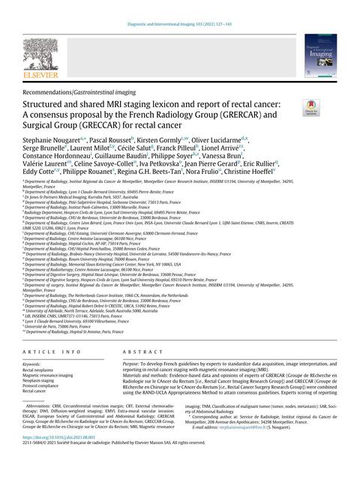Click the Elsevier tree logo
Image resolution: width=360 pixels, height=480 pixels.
tap(38, 53)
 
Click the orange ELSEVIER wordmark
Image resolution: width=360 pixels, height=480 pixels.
tap(38, 76)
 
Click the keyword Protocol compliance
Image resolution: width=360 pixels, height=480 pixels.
tap(48, 383)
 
